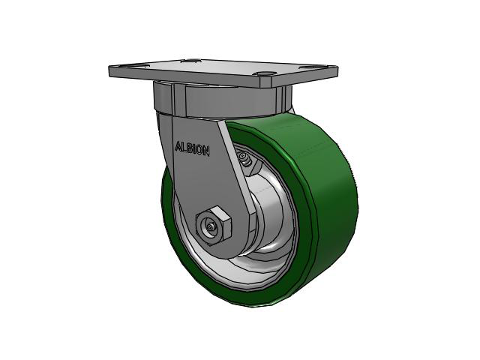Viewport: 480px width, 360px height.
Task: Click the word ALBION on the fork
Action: tap(192, 148)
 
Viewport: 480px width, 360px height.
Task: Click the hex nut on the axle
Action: tap(214, 223)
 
